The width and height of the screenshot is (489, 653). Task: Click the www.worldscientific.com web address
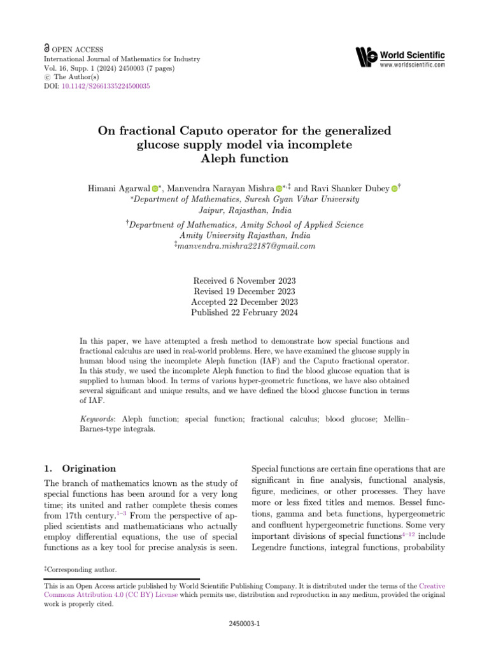(412, 65)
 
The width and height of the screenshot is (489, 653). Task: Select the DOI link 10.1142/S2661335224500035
(104, 86)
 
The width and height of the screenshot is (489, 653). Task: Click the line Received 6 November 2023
(244, 281)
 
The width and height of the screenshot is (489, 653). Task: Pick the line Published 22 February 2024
(244, 313)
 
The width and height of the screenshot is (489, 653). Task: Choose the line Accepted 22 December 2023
(244, 302)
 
